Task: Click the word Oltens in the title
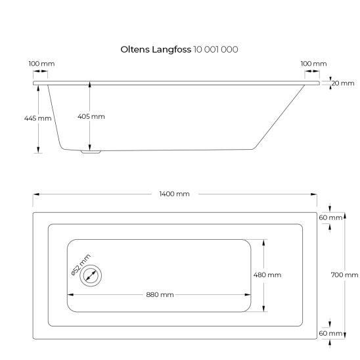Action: [135, 49]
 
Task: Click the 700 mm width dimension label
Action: [345, 275]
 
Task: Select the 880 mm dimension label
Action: [160, 294]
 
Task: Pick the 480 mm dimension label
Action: [267, 275]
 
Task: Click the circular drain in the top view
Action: [90, 276]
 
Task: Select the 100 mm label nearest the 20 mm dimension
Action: [313, 64]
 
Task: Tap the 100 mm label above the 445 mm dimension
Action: [42, 64]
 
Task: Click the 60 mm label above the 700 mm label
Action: [331, 217]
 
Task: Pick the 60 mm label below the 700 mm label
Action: [331, 334]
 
